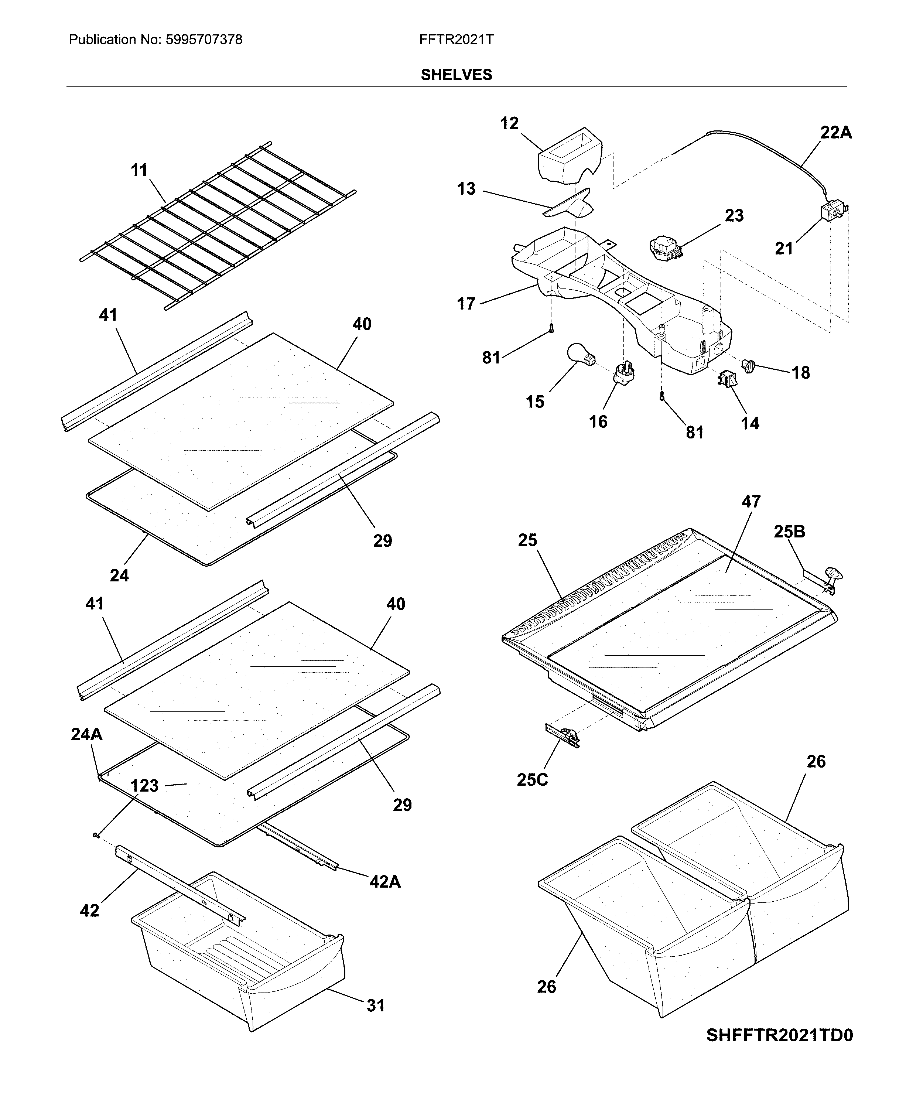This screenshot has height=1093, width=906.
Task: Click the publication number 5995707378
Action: (x=204, y=40)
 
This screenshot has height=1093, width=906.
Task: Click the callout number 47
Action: (x=751, y=501)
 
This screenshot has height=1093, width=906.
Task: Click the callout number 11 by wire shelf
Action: (x=139, y=170)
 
